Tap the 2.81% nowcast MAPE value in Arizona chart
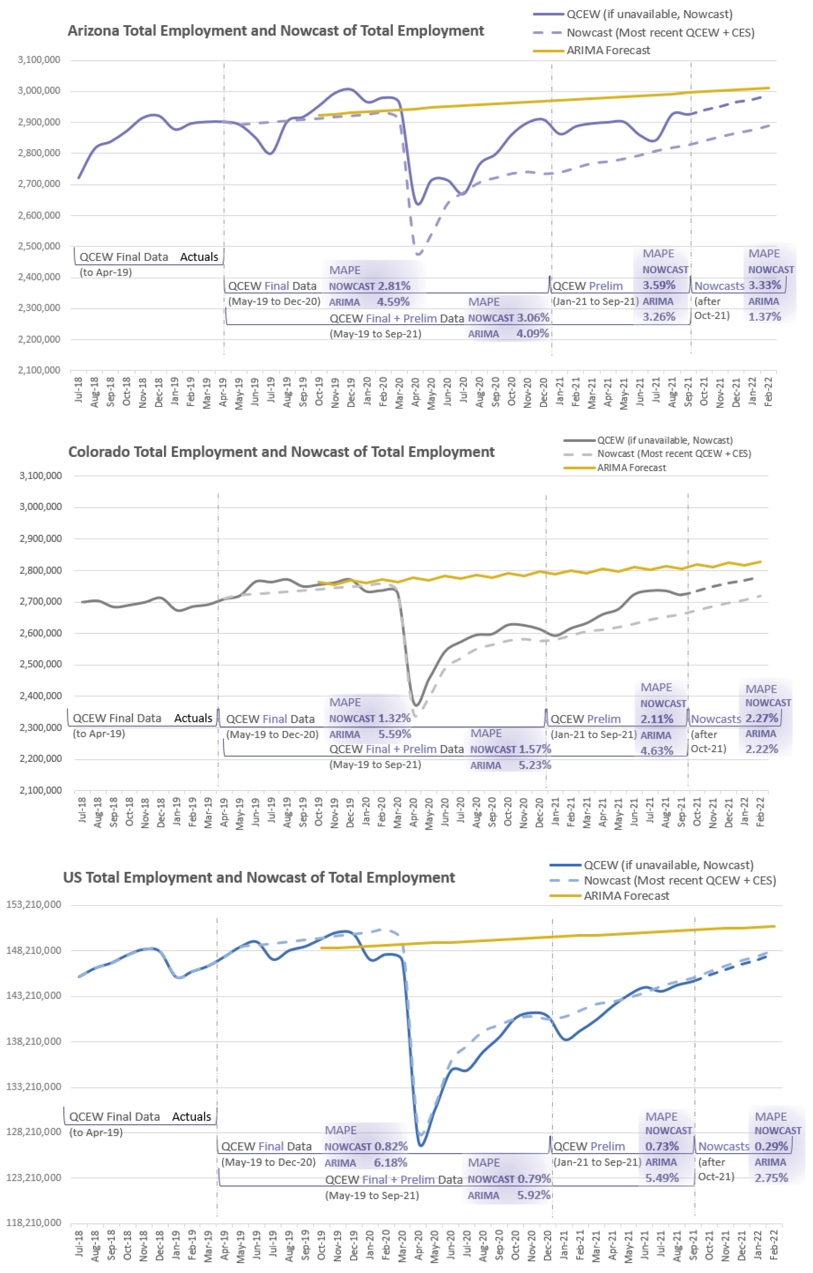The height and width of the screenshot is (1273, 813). coord(394,286)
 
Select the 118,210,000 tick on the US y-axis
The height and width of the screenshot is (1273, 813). coord(34,1223)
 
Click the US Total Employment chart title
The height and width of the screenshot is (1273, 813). coord(259,878)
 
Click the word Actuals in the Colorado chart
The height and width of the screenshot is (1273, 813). coord(193,718)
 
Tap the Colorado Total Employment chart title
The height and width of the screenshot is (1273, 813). coord(281,452)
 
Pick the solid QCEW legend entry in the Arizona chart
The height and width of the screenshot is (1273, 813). coord(649,14)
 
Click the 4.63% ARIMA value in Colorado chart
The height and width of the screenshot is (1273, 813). coord(657,750)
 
